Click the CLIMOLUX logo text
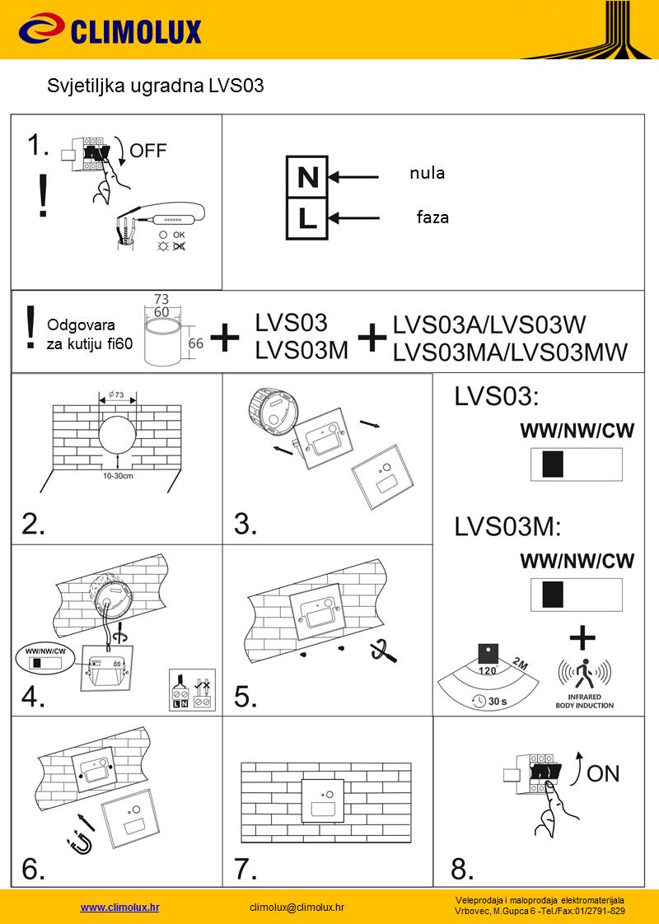click(136, 32)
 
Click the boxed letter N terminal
click(307, 176)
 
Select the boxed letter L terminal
click(307, 219)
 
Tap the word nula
click(427, 173)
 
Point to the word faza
click(432, 218)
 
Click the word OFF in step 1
click(148, 150)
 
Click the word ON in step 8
click(603, 773)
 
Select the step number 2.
click(34, 524)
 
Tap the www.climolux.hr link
click(119, 907)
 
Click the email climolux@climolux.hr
click(297, 907)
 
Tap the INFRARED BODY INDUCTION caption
click(584, 702)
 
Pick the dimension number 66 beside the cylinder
click(195, 343)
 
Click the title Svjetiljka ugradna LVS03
click(156, 86)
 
